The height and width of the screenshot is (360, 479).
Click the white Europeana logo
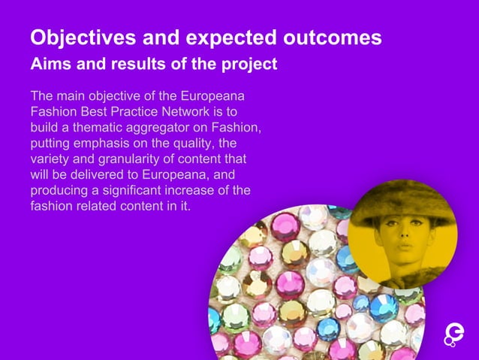453,333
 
